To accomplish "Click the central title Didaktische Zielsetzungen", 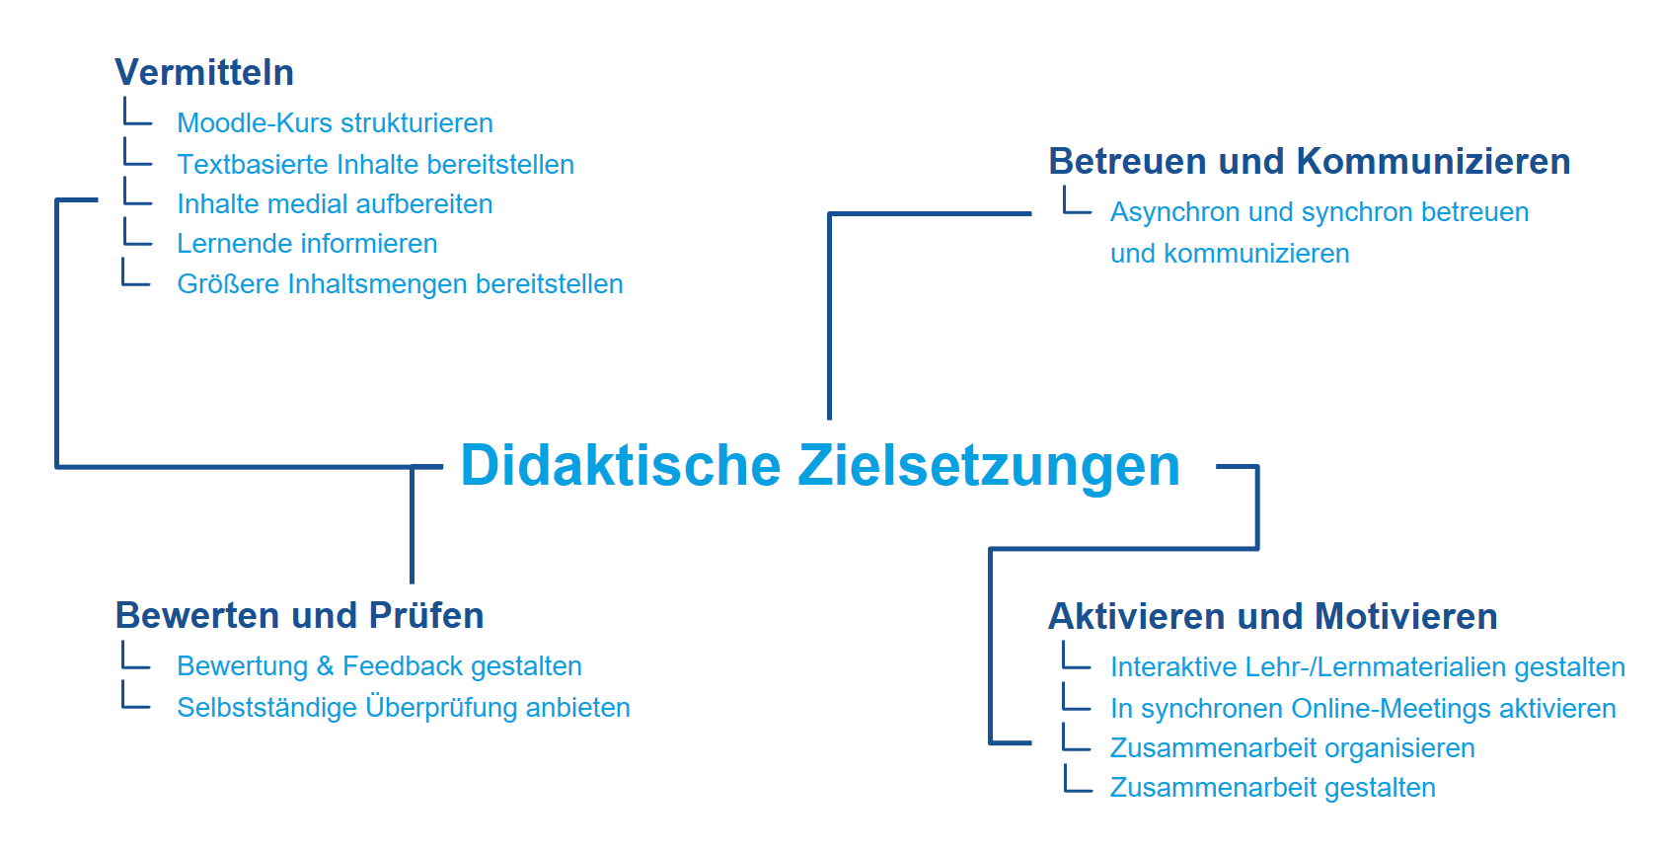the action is tap(820, 466).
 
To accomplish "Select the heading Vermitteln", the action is tap(204, 72).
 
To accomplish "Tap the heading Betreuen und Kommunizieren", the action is tap(1310, 161).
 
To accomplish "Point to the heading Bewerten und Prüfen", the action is tap(299, 615).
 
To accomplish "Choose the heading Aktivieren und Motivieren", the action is tap(1273, 616).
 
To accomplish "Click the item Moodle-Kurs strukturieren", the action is tap(336, 122).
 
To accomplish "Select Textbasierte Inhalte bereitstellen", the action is tap(376, 164).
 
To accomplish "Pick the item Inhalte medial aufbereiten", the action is tap(336, 204).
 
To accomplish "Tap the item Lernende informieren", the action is tap(307, 244).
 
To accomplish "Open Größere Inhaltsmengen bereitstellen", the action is tap(401, 284).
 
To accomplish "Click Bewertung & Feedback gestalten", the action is tap(380, 666).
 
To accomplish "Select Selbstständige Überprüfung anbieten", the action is tap(405, 708).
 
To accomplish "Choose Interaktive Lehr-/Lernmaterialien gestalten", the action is tap(1368, 667).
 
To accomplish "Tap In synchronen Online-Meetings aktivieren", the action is tap(1364, 709).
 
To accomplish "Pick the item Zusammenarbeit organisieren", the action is tap(1293, 747).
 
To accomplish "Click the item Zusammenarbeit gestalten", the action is tap(1273, 788).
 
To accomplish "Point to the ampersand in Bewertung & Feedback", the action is tap(325, 666).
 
